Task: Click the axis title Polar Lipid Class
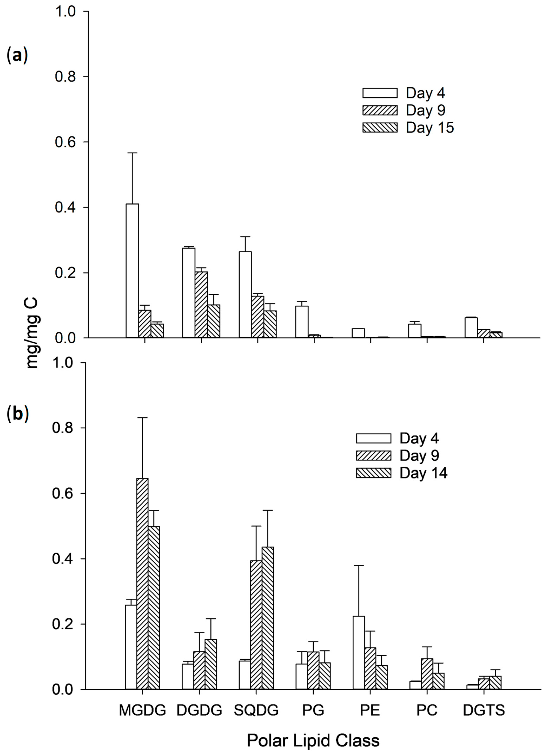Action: pyautogui.click(x=313, y=740)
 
